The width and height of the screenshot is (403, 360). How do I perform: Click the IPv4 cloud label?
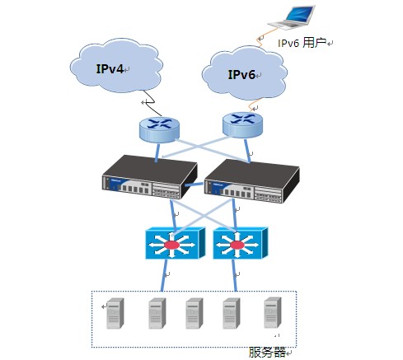[x=110, y=68]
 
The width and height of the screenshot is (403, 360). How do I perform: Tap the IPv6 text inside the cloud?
[x=241, y=74]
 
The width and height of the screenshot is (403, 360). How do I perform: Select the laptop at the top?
[x=292, y=17]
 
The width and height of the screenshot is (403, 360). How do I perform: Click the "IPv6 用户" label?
[x=302, y=43]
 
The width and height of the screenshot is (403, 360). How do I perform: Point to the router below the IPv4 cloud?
[x=159, y=129]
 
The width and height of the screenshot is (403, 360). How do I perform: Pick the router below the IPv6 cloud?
[x=242, y=124]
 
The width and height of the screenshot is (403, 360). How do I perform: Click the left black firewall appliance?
[x=150, y=177]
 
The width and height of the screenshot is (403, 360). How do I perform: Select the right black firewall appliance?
[x=252, y=181]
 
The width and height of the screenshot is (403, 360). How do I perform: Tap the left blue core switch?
[x=176, y=243]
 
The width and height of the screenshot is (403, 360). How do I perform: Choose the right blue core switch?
[x=241, y=243]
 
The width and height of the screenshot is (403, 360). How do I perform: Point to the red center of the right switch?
[x=237, y=245]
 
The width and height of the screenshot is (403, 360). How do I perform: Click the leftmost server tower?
[x=115, y=313]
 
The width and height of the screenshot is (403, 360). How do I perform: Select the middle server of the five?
[x=194, y=313]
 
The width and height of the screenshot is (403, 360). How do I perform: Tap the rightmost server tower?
[x=273, y=313]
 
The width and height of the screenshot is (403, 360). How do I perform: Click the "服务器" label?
[x=267, y=352]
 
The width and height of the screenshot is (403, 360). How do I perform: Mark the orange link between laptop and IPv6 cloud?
[x=262, y=39]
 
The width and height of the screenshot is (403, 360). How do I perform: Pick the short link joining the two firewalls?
[x=194, y=184]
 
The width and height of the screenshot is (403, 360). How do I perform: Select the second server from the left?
[x=157, y=313]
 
